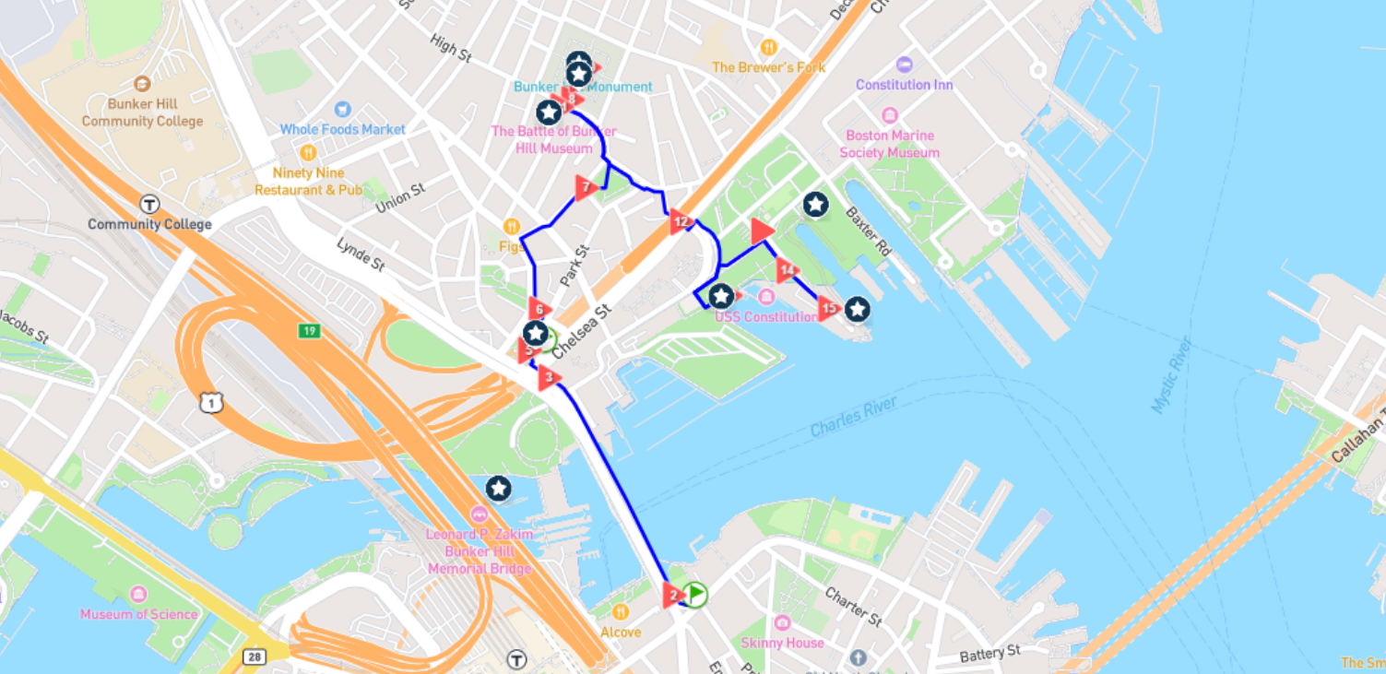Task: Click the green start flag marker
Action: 695,594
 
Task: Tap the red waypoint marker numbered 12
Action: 680,221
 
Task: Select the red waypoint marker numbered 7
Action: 586,188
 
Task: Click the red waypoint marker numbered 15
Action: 828,308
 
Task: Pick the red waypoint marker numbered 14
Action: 786,271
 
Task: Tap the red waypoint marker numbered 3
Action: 549,376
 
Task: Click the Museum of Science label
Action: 138,614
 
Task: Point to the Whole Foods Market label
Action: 342,129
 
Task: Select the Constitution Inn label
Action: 904,84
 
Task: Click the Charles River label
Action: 853,417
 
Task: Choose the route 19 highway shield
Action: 309,330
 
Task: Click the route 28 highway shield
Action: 254,656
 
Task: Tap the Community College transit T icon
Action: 149,204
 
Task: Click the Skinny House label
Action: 782,642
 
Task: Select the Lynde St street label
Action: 360,254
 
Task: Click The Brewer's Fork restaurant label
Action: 768,67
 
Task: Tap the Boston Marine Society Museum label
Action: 889,144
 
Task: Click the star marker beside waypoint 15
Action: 858,310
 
